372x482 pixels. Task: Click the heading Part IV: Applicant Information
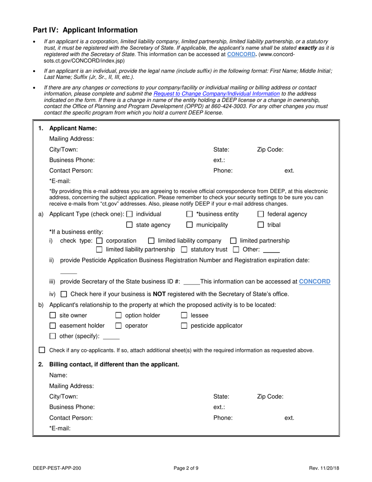coord(85,30)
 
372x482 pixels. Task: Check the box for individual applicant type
coord(130,214)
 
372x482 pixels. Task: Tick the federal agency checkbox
coord(261,214)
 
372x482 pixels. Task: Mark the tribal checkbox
coord(261,225)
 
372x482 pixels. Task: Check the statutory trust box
coord(184,249)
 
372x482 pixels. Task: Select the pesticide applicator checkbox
coord(184,326)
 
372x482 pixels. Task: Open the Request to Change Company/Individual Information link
coord(217,94)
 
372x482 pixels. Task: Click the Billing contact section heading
coord(114,364)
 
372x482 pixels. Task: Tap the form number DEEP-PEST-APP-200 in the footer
coord(58,468)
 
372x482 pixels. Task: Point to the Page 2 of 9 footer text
coord(186,468)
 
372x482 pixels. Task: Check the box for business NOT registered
coord(64,294)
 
